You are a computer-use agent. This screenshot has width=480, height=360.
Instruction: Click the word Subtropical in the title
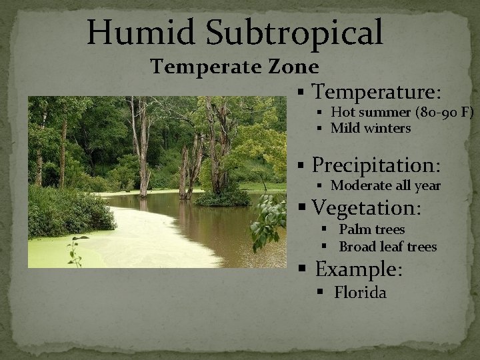point(288,32)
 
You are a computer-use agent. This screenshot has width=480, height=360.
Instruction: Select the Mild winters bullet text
point(371,127)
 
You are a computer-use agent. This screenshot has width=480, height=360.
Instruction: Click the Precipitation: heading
point(379,164)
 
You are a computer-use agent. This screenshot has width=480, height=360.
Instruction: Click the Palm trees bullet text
point(372,230)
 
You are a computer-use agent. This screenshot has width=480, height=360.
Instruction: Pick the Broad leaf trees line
point(388,247)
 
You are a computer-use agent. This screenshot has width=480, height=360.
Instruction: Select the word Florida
point(360,292)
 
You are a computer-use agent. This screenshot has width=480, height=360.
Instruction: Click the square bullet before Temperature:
point(303,92)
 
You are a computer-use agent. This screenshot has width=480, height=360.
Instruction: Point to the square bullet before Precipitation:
point(303,165)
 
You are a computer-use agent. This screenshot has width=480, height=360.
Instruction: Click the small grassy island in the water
point(222,198)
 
